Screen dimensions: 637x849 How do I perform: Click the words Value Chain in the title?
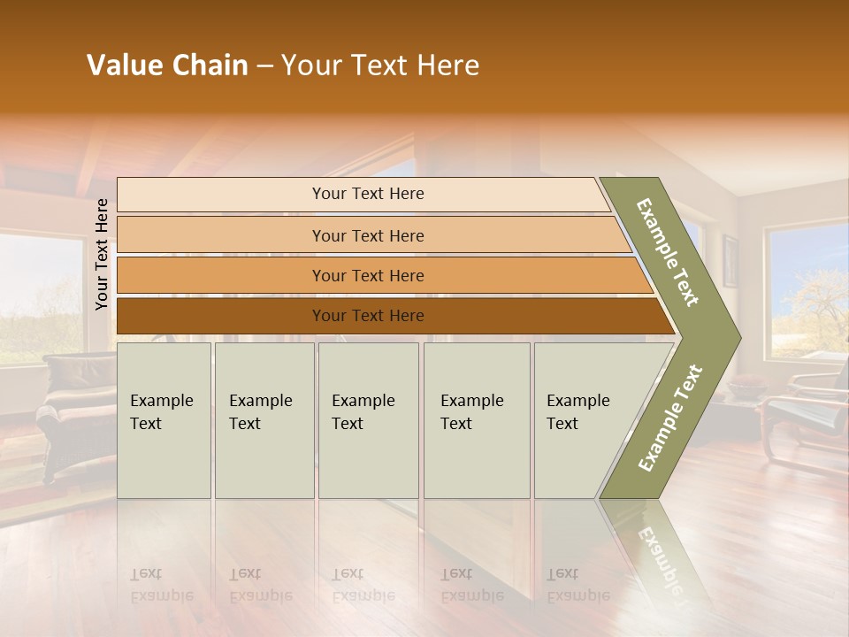coord(167,65)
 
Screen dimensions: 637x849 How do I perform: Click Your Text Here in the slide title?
coord(380,65)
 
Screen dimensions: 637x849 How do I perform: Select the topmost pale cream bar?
coord(368,194)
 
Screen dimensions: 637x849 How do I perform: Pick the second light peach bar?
coord(368,235)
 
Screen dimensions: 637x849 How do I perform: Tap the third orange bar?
coord(368,275)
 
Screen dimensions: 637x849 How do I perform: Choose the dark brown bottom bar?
coord(368,316)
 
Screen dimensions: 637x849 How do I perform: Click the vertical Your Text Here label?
coord(102,254)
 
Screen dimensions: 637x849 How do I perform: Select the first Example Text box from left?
coord(164,420)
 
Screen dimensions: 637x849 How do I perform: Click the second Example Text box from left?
coord(264,420)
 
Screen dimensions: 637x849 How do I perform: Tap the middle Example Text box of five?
coord(368,420)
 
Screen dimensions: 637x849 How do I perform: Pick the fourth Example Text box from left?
coord(476,420)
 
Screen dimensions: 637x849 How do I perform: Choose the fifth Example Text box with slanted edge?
coord(584,420)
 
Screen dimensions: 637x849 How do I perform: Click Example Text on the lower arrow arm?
coord(670,418)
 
